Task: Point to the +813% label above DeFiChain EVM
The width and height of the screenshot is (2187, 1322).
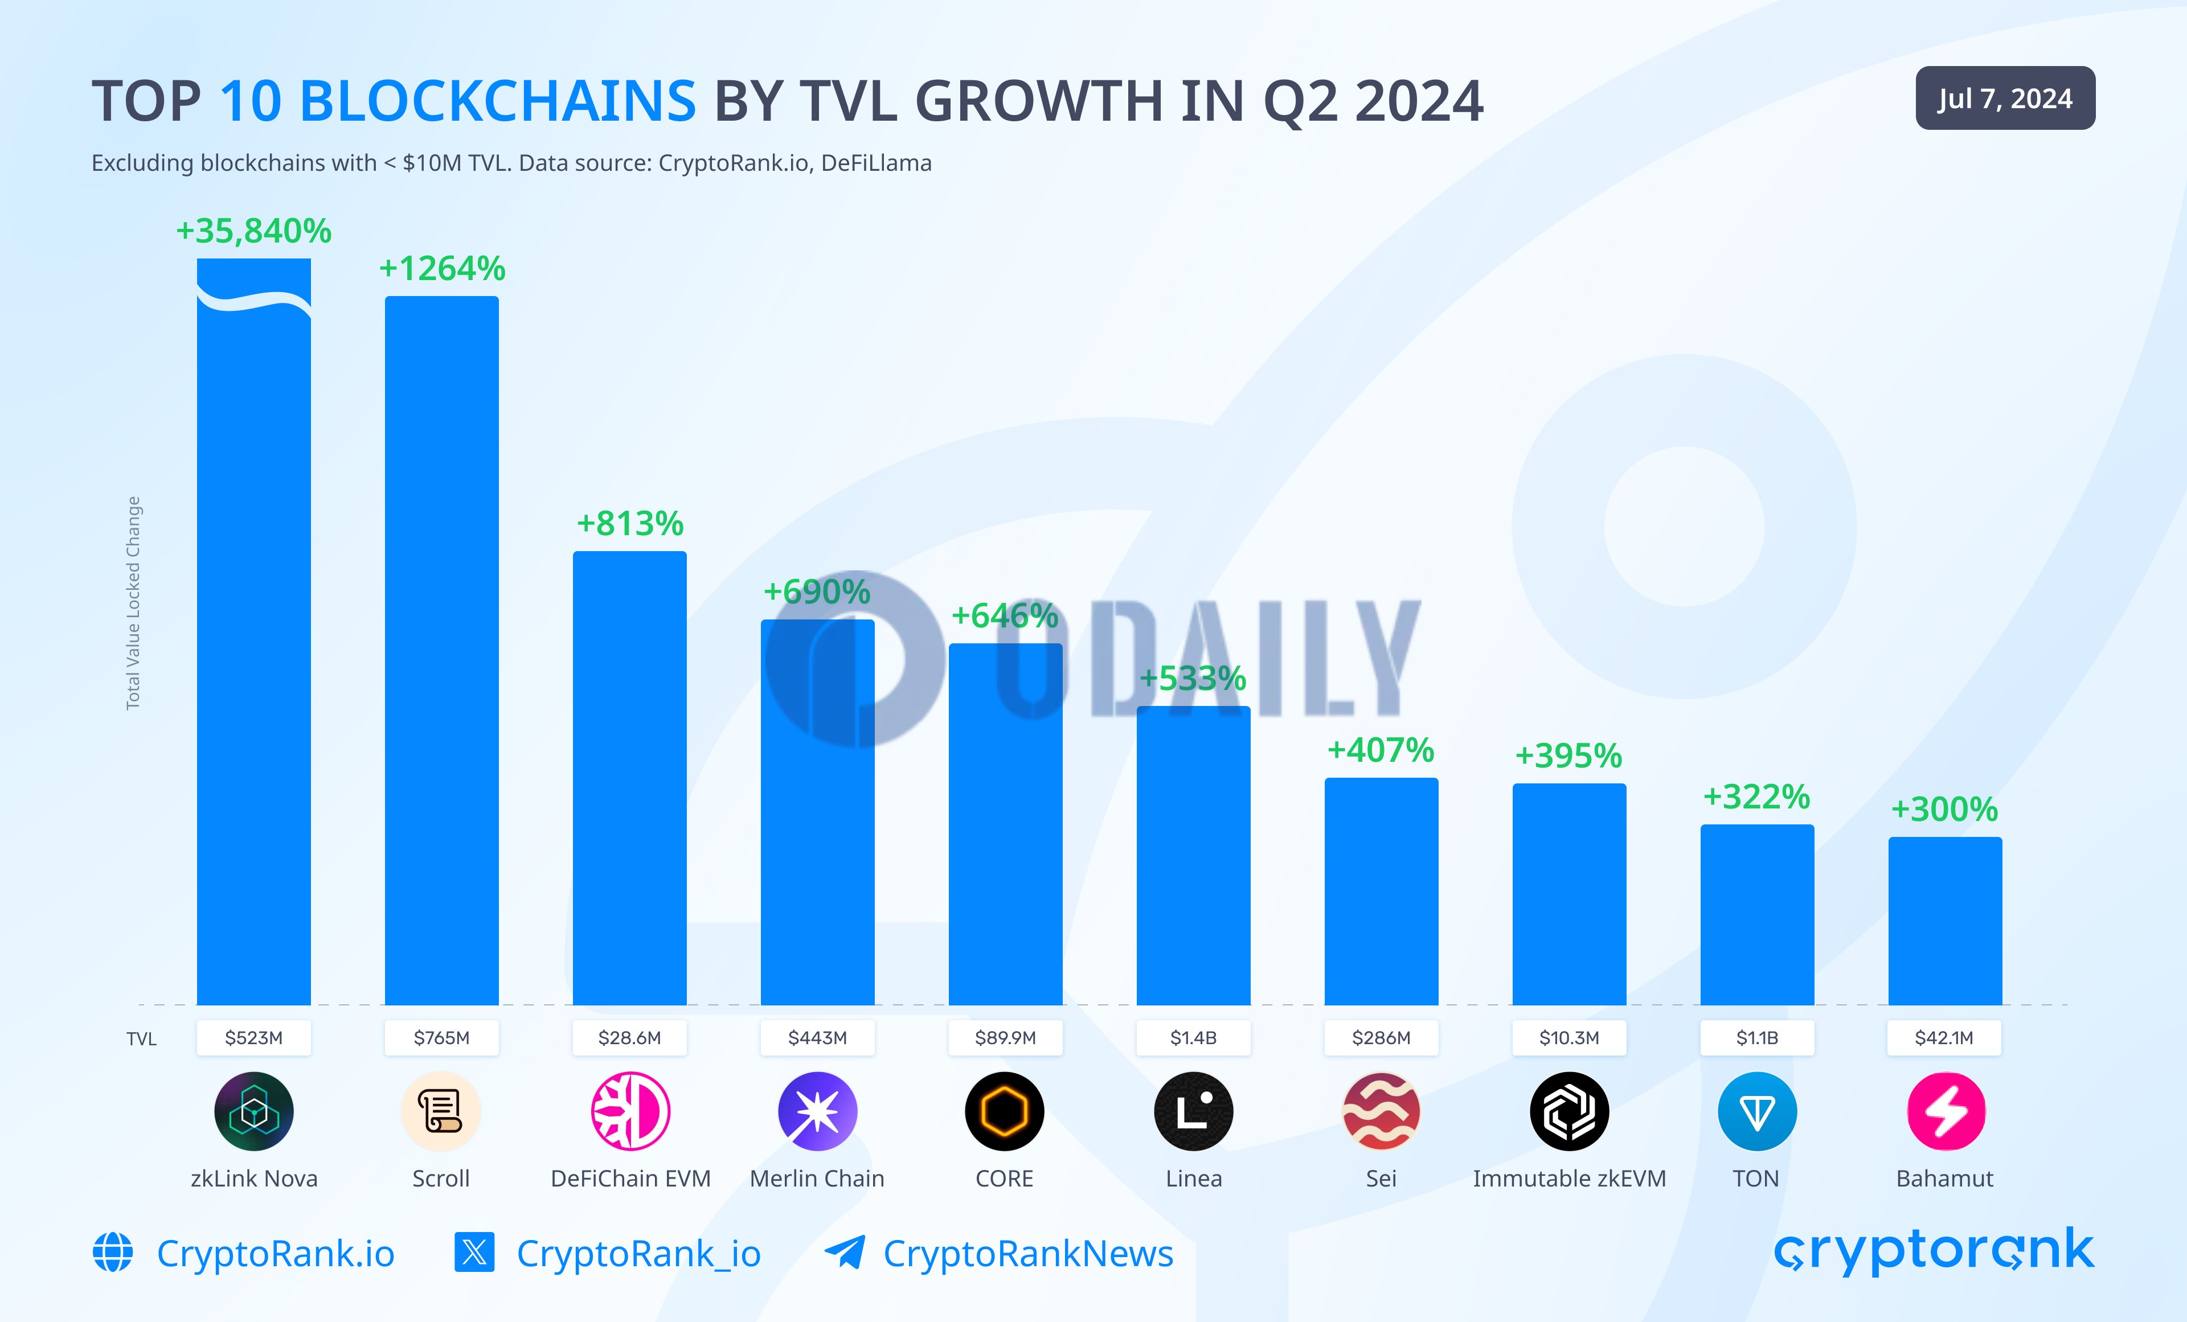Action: click(629, 523)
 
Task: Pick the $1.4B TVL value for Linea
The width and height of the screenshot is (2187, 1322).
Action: click(1193, 1037)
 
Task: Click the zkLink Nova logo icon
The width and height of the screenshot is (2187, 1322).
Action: click(254, 1111)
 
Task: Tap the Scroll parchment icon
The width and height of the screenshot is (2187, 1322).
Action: click(441, 1111)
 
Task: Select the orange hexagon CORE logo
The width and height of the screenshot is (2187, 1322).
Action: click(1005, 1111)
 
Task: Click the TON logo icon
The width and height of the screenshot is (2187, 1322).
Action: click(1756, 1111)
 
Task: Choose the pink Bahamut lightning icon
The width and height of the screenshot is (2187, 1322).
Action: click(1946, 1111)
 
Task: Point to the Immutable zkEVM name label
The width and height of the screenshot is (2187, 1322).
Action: click(1569, 1179)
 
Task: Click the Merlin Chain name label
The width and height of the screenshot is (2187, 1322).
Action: click(817, 1179)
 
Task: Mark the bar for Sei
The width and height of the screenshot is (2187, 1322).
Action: click(1381, 891)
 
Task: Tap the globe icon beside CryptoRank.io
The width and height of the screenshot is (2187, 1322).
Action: click(113, 1252)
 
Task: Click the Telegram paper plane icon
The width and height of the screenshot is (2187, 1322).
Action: click(844, 1252)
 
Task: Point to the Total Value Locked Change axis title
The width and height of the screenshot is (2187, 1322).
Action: click(133, 603)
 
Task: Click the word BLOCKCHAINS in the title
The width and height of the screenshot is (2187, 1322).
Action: click(457, 100)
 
